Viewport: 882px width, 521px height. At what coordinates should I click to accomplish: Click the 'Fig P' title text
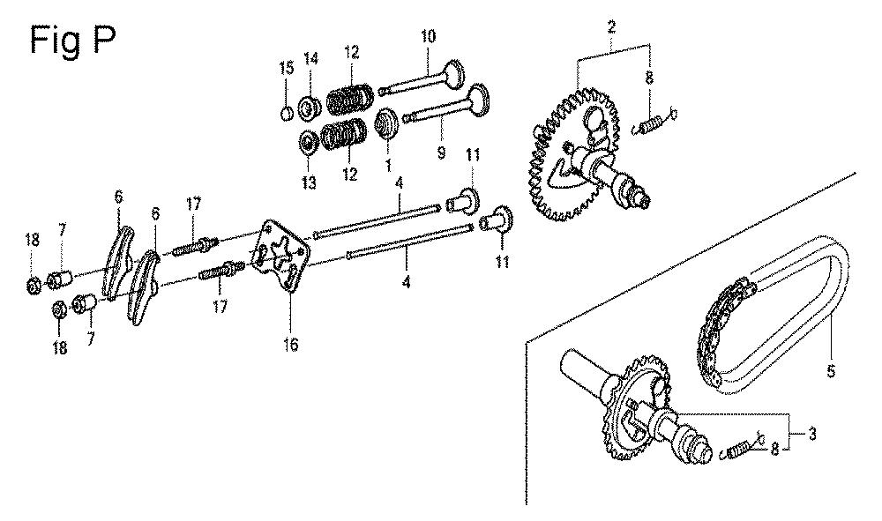tap(72, 40)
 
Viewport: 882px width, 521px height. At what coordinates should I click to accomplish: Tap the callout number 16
tap(290, 344)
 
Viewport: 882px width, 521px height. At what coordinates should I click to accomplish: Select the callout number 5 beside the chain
tap(832, 371)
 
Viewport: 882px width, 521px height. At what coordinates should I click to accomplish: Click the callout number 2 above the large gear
tap(611, 26)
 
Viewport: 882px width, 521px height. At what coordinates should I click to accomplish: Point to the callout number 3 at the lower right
tap(813, 434)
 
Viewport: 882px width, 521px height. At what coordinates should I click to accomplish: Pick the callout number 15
tap(287, 68)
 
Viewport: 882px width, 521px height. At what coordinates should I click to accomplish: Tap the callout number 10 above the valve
tap(428, 36)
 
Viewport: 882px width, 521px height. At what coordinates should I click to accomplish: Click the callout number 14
tap(311, 58)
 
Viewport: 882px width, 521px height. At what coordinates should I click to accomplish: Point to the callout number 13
tap(309, 182)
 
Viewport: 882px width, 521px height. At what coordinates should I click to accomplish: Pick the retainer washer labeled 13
tap(308, 144)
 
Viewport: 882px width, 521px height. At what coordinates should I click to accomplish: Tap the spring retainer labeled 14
tap(308, 108)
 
